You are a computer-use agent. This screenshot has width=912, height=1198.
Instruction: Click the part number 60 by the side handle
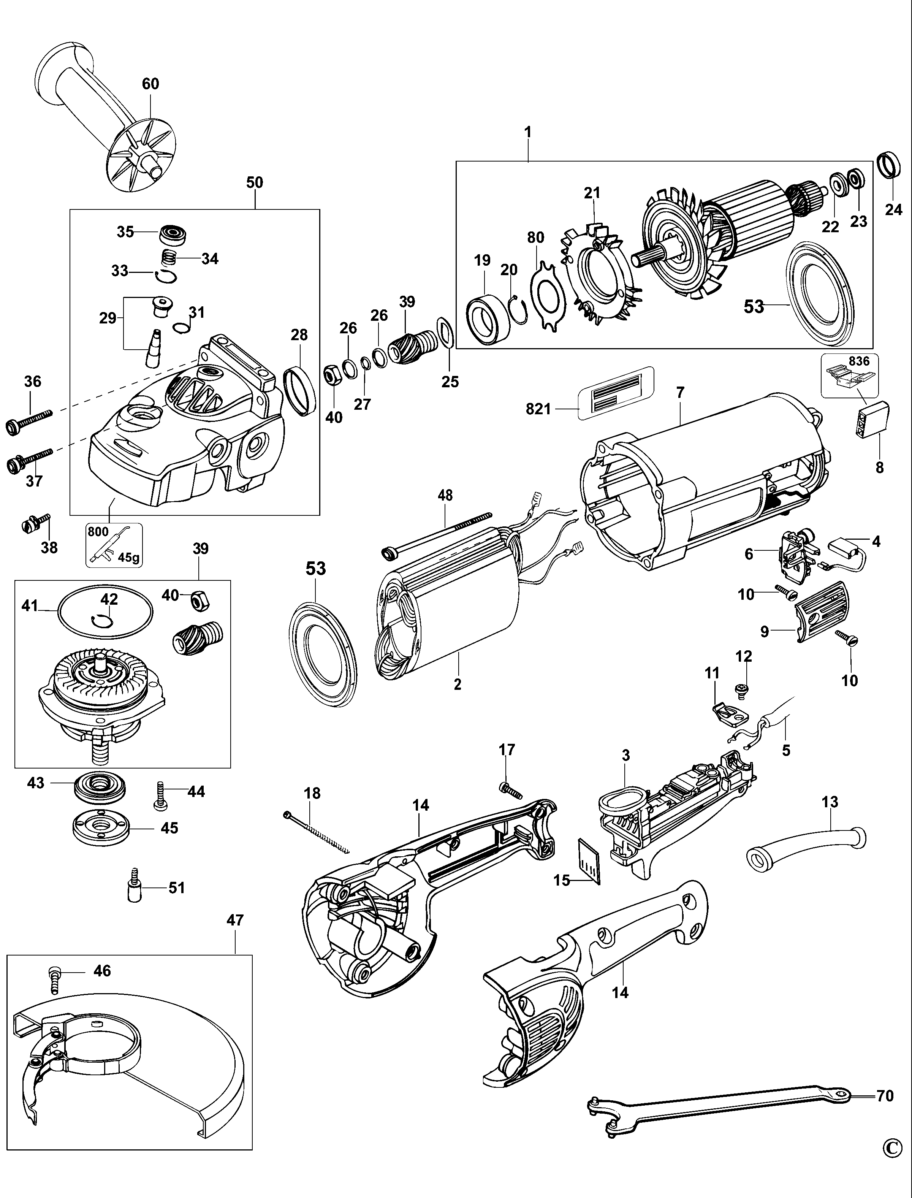click(150, 84)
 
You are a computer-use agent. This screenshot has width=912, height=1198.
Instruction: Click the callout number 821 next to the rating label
click(538, 409)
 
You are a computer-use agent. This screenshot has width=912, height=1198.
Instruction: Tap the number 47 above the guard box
click(235, 920)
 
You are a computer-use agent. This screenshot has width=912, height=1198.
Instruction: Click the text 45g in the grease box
click(129, 557)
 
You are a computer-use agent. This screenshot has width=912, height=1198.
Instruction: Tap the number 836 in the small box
click(859, 361)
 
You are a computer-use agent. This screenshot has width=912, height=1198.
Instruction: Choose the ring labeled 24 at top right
click(890, 166)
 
